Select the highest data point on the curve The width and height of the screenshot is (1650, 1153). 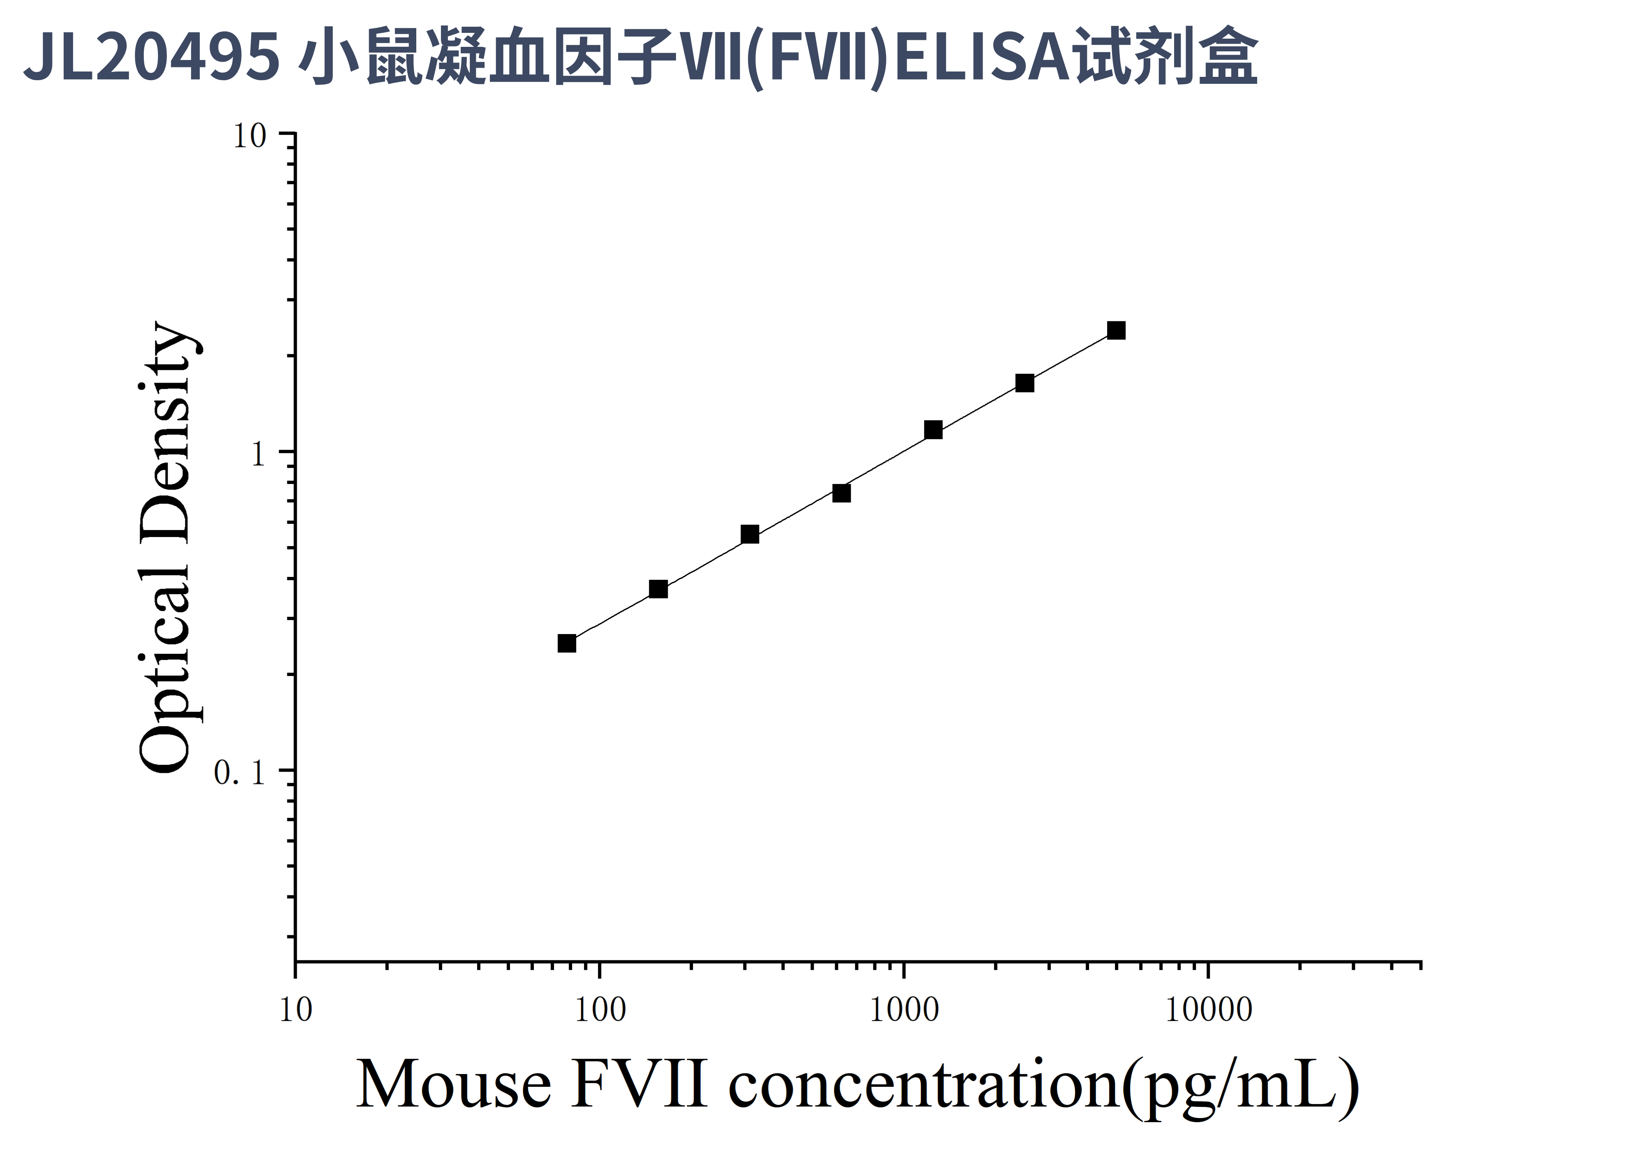[1116, 330]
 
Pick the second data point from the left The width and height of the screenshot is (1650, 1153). [658, 589]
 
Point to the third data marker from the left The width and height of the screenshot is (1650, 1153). [750, 534]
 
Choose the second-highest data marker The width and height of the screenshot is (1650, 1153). [1025, 383]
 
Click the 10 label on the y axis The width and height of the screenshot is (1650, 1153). [249, 136]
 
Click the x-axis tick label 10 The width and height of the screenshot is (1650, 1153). [295, 1010]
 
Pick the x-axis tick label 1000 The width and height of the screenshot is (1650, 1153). [904, 1010]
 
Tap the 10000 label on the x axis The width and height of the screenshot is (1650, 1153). [1209, 1010]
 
